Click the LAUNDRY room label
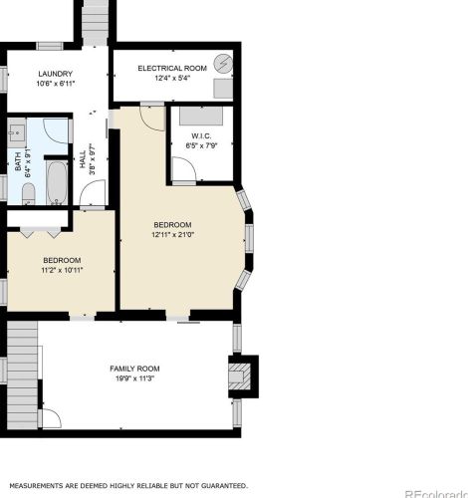pos(54,75)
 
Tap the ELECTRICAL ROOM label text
pos(171,67)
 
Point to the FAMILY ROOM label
pos(134,369)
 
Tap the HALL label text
pos(82,159)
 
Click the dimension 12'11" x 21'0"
pos(172,235)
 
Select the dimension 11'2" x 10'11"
pos(62,269)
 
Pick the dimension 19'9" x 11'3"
pos(134,378)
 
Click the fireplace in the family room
pos(242,375)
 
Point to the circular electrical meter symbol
pos(226,63)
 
